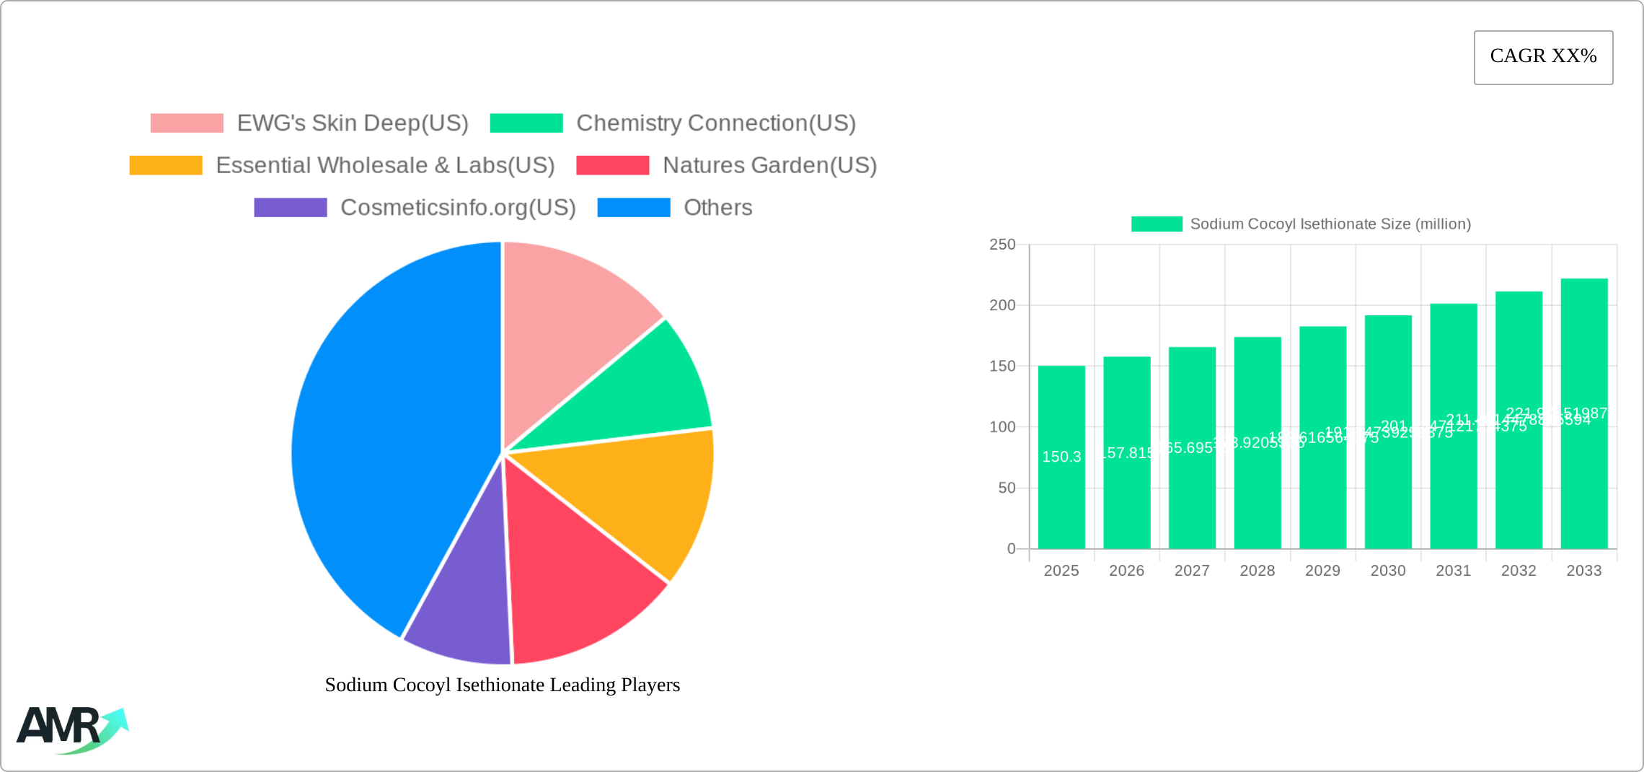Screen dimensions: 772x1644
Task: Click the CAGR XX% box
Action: point(1543,57)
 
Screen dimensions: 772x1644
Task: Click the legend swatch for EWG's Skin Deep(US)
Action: point(187,123)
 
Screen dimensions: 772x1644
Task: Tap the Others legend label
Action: point(717,208)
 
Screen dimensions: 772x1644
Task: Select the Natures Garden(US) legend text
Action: point(769,165)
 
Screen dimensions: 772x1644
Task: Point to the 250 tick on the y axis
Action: point(1002,245)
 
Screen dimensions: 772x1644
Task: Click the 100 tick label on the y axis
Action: point(1002,427)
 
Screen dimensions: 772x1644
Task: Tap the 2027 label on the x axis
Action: point(1192,571)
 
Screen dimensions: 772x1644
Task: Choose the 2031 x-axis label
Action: point(1453,571)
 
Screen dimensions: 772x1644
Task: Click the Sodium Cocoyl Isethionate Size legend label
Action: point(1330,224)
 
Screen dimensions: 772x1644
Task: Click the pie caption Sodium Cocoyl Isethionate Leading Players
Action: point(503,685)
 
